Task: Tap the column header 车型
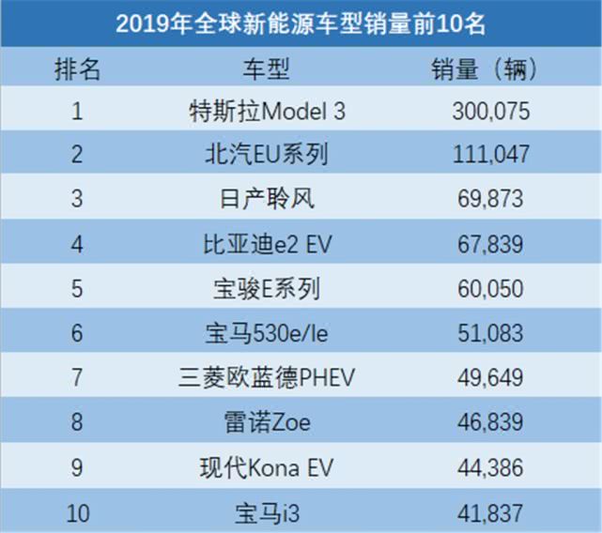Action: click(267, 69)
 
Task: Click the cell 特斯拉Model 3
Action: click(267, 112)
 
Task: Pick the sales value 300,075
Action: click(491, 112)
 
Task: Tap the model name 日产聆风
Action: click(267, 199)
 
